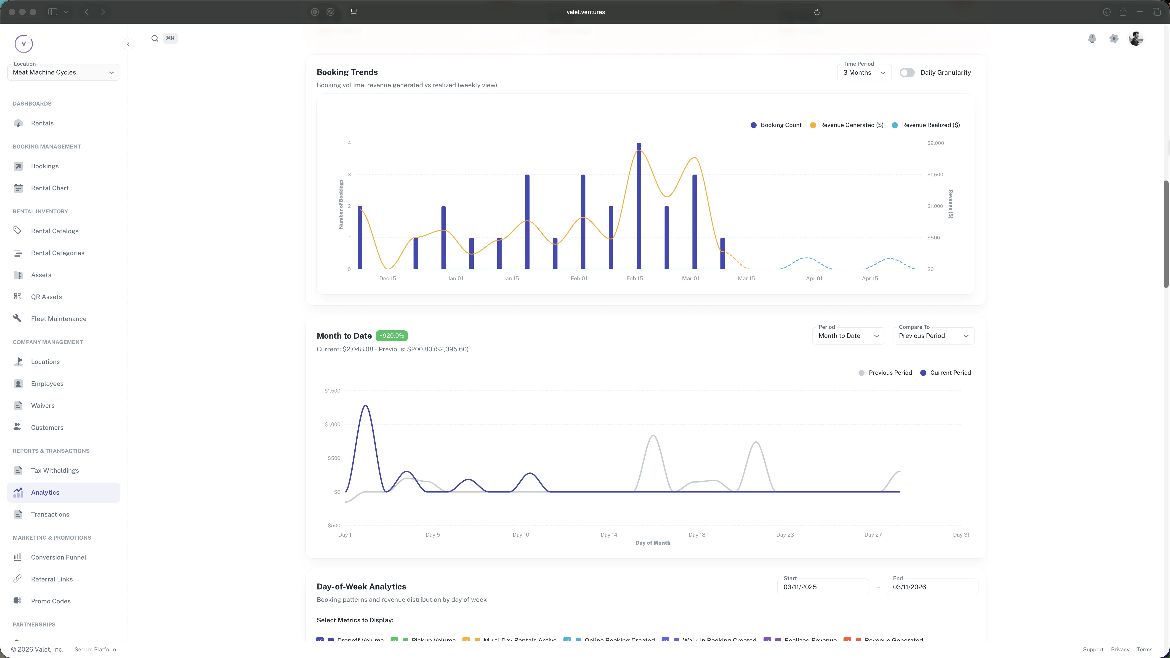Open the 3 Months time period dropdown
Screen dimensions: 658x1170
click(x=864, y=73)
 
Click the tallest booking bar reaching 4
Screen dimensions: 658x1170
click(x=639, y=207)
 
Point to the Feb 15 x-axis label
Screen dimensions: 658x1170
click(x=635, y=278)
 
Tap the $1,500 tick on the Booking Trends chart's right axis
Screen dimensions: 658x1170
click(x=935, y=174)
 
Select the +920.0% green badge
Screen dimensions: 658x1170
click(x=391, y=336)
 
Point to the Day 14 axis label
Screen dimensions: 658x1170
click(x=609, y=534)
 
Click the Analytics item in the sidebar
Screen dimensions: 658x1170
click(x=45, y=492)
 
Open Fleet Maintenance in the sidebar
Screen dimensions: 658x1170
click(x=58, y=319)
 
